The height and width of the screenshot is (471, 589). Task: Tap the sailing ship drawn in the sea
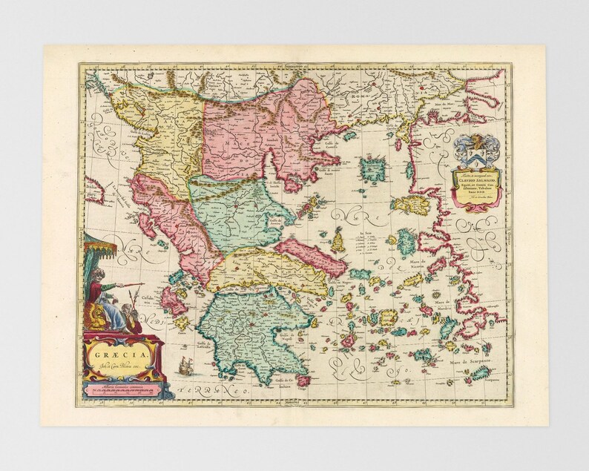pos(185,365)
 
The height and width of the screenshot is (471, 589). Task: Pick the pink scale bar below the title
pos(123,389)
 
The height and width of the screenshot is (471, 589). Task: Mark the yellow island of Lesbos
pos(407,205)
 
